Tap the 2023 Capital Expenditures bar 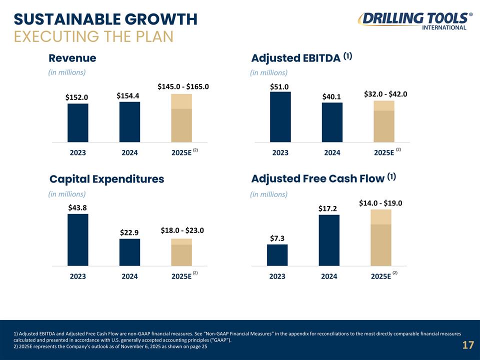pos(77,239)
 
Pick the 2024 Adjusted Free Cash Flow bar pos(328,240)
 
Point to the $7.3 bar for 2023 pos(277,255)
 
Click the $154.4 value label pos(127,95)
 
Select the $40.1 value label pos(331,96)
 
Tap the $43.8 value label pos(78,207)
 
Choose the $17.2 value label pos(328,208)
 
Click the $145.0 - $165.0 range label pos(182,86)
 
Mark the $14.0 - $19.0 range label pos(381,203)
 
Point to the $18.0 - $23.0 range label pos(182,230)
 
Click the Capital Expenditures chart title pos(106,179)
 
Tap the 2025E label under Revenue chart pos(181,153)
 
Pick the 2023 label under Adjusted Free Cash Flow pos(277,276)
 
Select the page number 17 pos(467,345)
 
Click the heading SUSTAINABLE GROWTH pos(105,19)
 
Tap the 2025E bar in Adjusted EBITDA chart pos(383,121)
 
